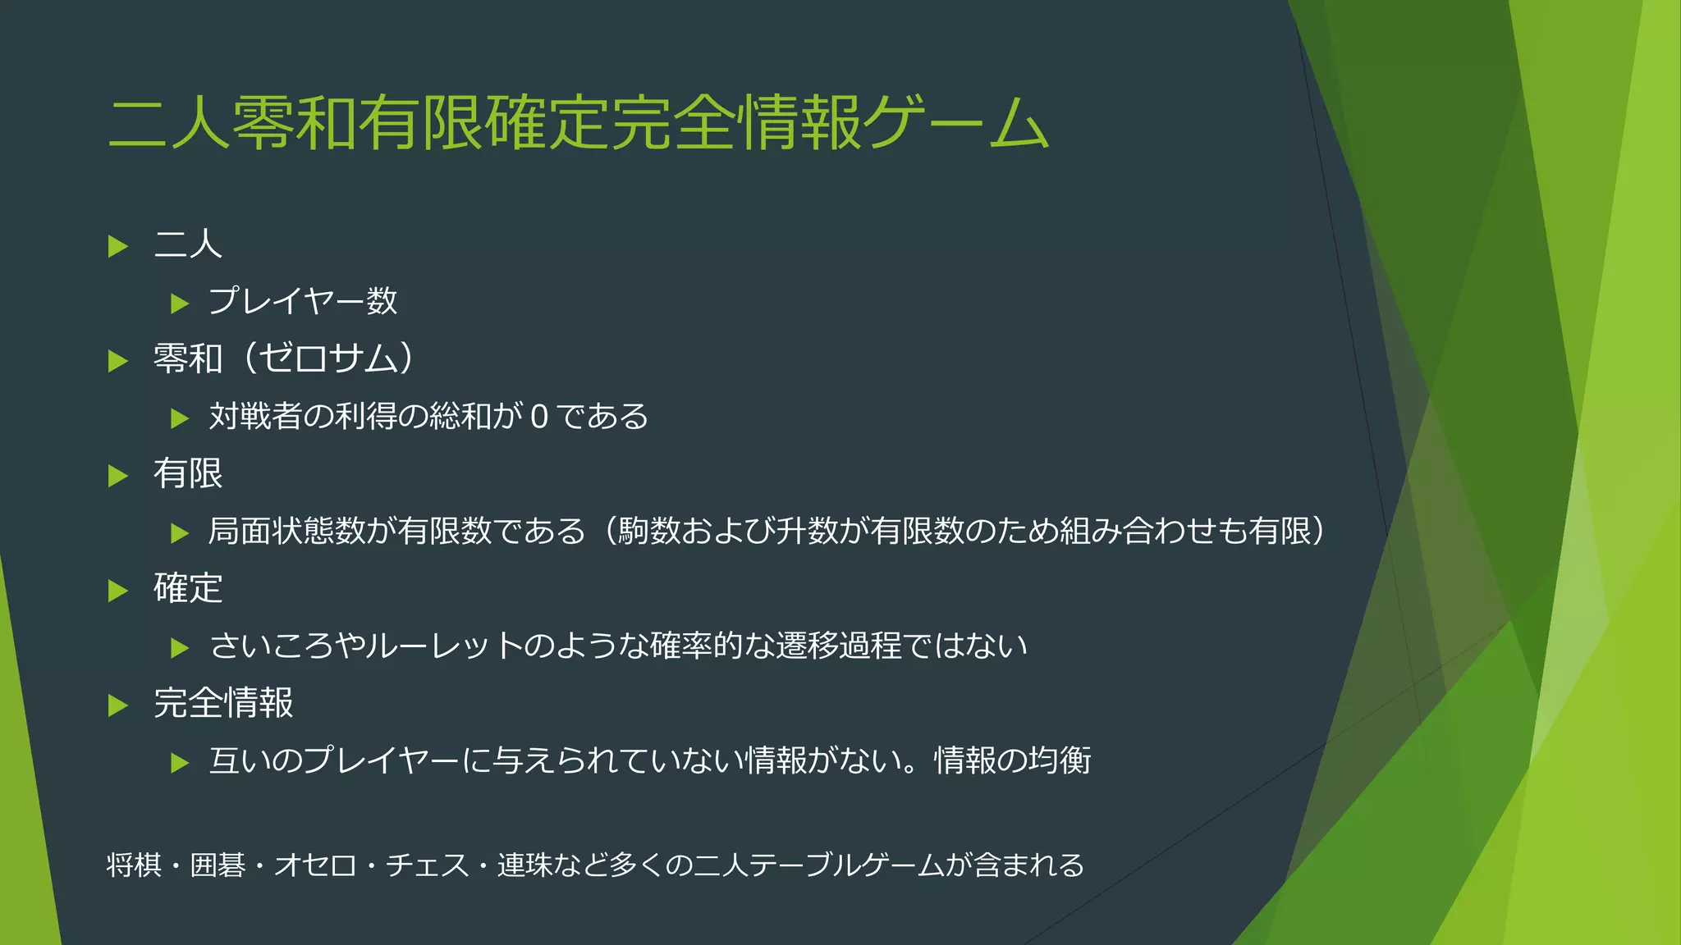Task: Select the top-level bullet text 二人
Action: pyautogui.click(x=188, y=244)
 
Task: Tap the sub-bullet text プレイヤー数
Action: pyautogui.click(x=303, y=302)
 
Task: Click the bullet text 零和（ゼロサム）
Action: pyautogui.click(x=284, y=359)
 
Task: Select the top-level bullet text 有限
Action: pyautogui.click(x=188, y=474)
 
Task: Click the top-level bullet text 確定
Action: pyautogui.click(x=188, y=589)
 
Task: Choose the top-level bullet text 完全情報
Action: pyautogui.click(x=223, y=704)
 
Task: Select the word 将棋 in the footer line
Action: pyautogui.click(x=135, y=865)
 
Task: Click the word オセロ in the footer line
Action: pyautogui.click(x=315, y=865)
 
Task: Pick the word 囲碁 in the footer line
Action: pyautogui.click(x=218, y=865)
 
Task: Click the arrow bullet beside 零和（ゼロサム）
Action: pyautogui.click(x=118, y=361)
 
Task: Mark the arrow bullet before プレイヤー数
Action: pyautogui.click(x=180, y=304)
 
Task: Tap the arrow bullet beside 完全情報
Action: pyautogui.click(x=118, y=705)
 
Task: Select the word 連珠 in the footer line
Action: pyautogui.click(x=524, y=865)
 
